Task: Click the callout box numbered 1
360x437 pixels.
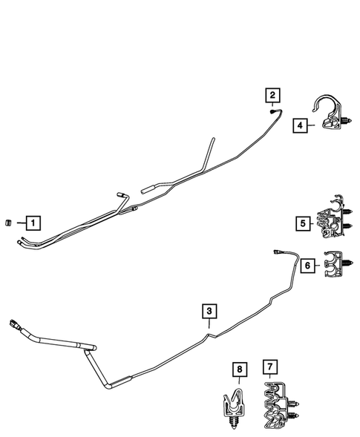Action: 33,221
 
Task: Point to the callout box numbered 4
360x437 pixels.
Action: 299,126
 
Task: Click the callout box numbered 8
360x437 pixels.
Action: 238,368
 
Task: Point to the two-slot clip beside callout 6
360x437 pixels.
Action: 338,264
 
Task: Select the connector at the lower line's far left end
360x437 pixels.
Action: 14,323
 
